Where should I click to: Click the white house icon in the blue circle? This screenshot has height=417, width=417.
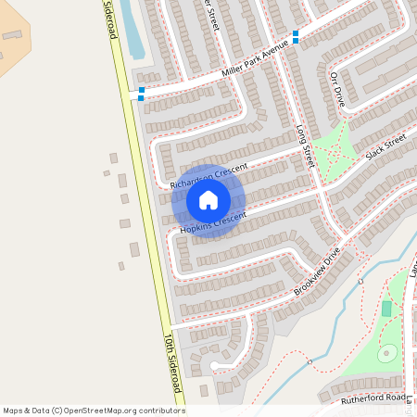[x=208, y=200]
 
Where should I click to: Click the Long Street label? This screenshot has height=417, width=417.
[x=307, y=147]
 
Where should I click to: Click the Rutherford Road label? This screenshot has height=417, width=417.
[x=373, y=398]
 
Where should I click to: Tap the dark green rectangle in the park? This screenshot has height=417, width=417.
[x=386, y=309]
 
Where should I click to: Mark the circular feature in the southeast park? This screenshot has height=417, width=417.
[x=387, y=353]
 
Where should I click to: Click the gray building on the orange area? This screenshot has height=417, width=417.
[x=12, y=35]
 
